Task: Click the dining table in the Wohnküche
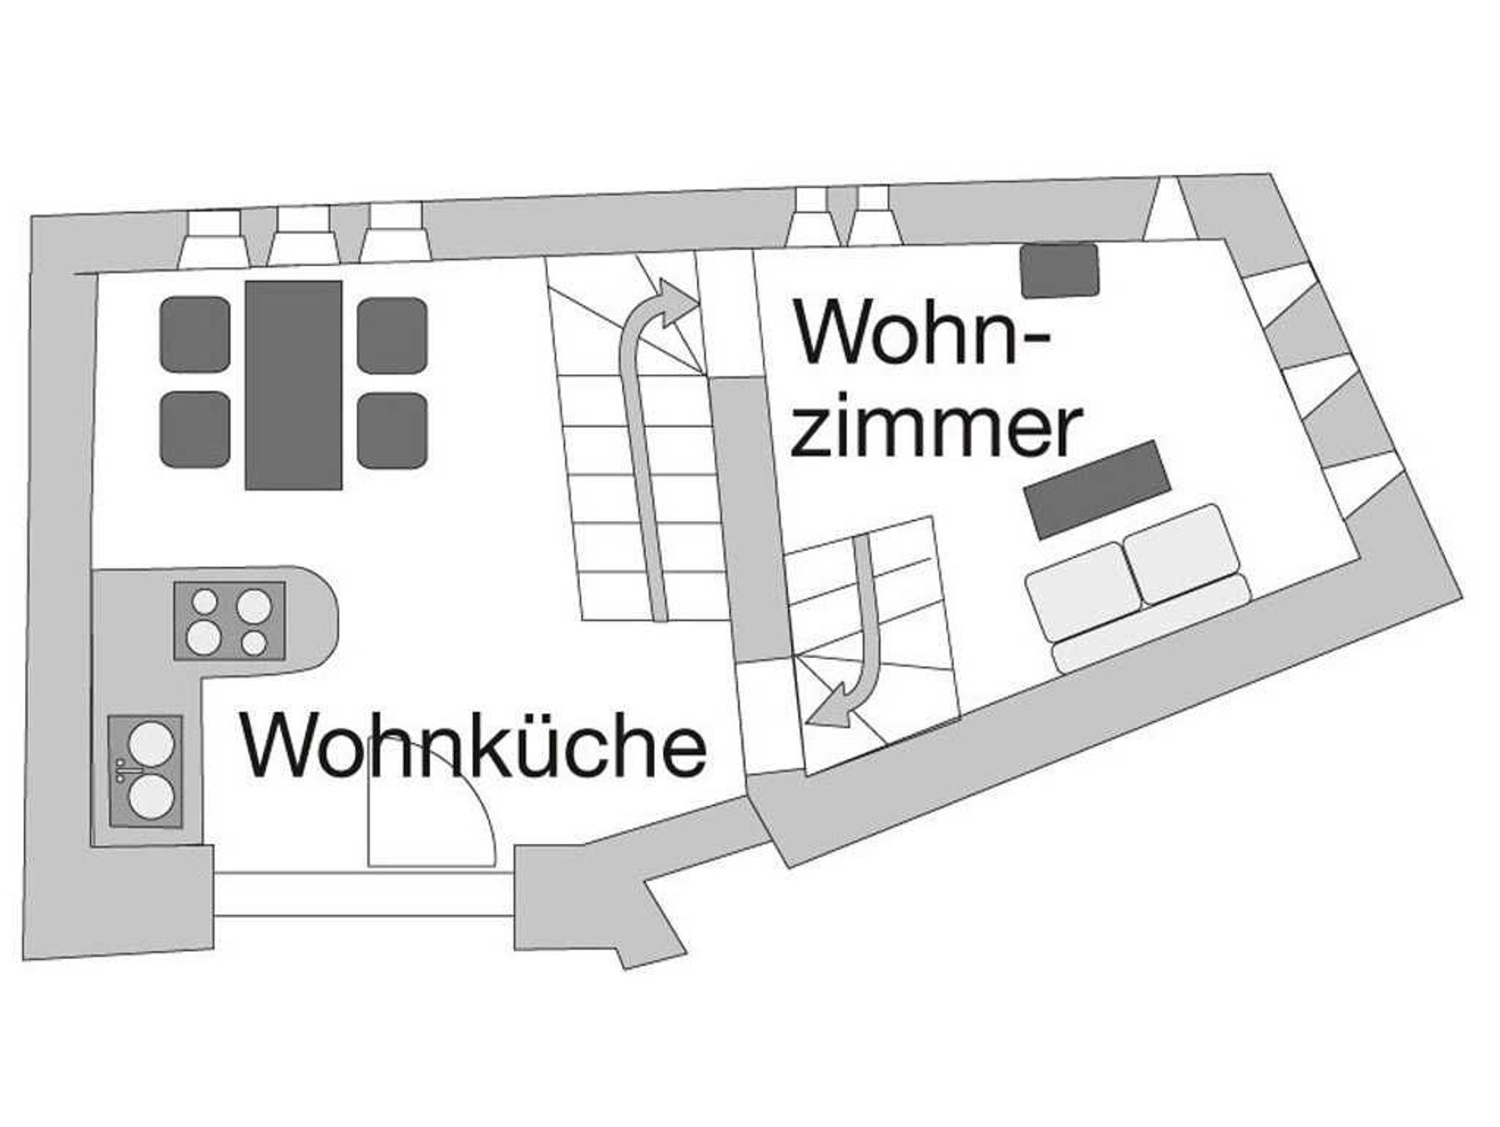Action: tap(294, 385)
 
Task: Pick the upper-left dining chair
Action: tap(195, 334)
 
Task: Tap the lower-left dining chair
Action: tap(195, 429)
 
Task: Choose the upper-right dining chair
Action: tap(393, 335)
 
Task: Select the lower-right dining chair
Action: tap(393, 431)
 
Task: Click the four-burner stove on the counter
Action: tap(229, 620)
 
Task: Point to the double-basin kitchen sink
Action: tap(145, 772)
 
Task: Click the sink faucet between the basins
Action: tap(122, 769)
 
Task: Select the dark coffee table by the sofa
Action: tap(1097, 489)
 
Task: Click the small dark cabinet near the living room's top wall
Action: tap(1060, 271)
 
